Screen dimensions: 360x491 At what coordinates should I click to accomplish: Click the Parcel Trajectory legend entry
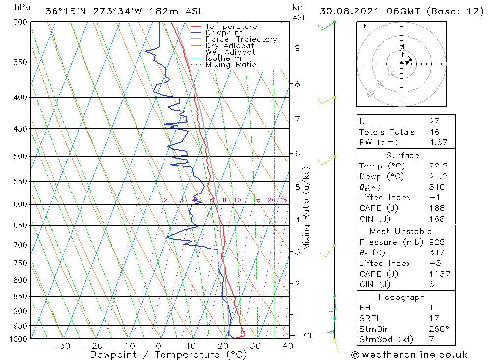tap(241, 39)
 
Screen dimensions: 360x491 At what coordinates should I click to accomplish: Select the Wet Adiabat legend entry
tap(230, 52)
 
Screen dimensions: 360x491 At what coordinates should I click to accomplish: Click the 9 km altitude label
tap(297, 48)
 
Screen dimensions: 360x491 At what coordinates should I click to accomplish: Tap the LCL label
tap(306, 336)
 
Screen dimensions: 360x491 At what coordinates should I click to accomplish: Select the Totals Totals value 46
tap(434, 132)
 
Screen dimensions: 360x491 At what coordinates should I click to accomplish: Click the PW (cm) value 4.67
tap(436, 142)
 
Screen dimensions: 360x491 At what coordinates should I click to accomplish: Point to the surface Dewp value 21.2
tap(436, 177)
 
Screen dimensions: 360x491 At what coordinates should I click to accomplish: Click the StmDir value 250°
tap(436, 329)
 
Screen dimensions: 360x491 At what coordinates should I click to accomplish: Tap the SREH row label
tap(370, 319)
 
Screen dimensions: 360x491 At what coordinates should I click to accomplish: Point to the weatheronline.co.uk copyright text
tap(409, 355)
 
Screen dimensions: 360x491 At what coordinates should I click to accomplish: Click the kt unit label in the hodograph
tap(362, 26)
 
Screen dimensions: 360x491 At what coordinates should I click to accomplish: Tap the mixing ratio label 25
tap(283, 200)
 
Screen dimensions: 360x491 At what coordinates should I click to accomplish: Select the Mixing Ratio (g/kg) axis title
tap(307, 208)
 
